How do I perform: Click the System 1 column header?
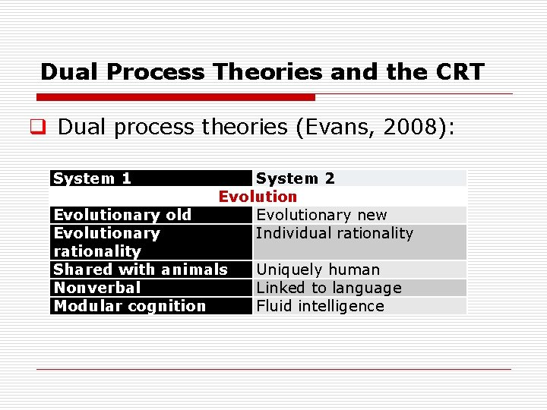click(x=92, y=178)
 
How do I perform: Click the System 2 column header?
click(x=295, y=178)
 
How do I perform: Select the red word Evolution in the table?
click(x=258, y=197)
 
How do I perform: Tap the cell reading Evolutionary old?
click(x=122, y=215)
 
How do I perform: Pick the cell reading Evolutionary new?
click(x=321, y=215)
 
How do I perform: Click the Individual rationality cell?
click(x=334, y=233)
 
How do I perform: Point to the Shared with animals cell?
click(x=141, y=270)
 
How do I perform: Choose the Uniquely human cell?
click(x=318, y=270)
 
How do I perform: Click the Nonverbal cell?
click(x=97, y=288)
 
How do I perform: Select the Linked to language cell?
click(x=328, y=288)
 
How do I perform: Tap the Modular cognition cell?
click(x=130, y=306)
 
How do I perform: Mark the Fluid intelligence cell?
click(x=320, y=306)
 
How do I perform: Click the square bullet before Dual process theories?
click(x=43, y=128)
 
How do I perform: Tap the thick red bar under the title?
click(x=175, y=97)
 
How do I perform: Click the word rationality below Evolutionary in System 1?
click(x=97, y=251)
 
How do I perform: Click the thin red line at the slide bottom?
click(x=273, y=369)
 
